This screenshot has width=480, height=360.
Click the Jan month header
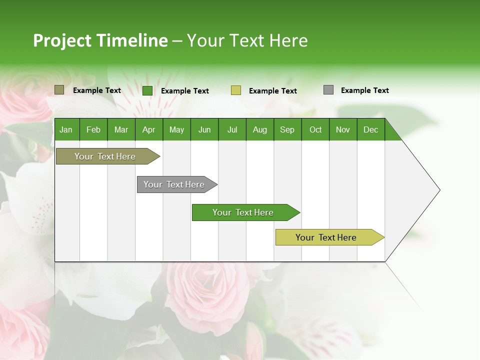66,130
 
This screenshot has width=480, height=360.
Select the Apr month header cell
148,130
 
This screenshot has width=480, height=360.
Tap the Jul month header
232,130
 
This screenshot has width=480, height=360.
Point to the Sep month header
287,130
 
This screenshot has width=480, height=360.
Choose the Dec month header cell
370,130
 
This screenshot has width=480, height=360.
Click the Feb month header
93,130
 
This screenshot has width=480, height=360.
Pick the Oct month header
315,130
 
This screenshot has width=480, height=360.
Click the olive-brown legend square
59,90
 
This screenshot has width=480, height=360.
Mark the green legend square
147,90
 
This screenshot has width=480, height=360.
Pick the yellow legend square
236,90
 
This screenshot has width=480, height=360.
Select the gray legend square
328,90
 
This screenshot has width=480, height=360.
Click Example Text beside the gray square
364,90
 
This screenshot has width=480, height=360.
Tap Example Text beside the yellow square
272,91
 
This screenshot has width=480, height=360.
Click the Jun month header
204,130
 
